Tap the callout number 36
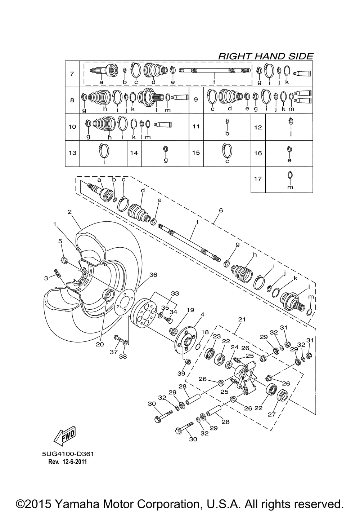pyautogui.click(x=153, y=275)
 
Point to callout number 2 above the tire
pyautogui.click(x=69, y=212)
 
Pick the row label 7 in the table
pyautogui.click(x=72, y=74)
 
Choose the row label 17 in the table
pyautogui.click(x=258, y=178)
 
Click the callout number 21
pyautogui.click(x=242, y=319)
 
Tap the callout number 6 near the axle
pyautogui.click(x=221, y=210)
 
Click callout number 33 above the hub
pyautogui.click(x=175, y=293)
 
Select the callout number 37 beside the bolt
pyautogui.click(x=114, y=352)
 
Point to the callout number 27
pyautogui.click(x=271, y=414)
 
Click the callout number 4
pyautogui.click(x=202, y=314)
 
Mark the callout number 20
pyautogui.click(x=100, y=344)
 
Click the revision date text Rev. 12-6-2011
pyautogui.click(x=67, y=462)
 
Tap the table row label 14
pyautogui.click(x=134, y=153)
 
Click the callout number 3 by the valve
pyautogui.click(x=46, y=278)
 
